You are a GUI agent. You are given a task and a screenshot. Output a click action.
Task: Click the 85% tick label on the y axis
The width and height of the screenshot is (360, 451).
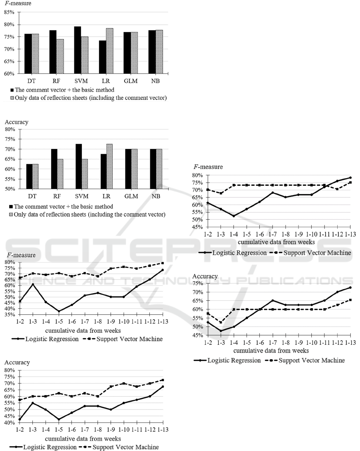coord(9,12)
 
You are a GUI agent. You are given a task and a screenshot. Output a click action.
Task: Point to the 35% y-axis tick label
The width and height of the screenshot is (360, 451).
coord(9,314)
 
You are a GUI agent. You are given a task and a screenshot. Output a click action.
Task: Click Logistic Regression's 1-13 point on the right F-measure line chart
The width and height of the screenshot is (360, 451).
coord(350,177)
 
